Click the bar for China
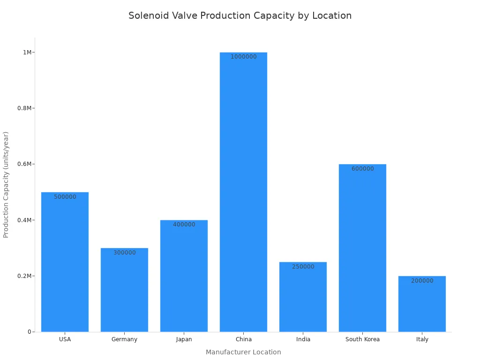click(x=243, y=192)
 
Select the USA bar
click(x=65, y=262)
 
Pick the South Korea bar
click(x=362, y=248)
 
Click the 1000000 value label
click(x=243, y=57)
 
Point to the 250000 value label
click(x=303, y=267)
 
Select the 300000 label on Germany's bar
click(x=124, y=253)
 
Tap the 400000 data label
click(x=184, y=225)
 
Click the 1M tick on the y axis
click(x=27, y=52)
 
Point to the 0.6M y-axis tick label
click(x=24, y=164)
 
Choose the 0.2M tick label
click(x=24, y=276)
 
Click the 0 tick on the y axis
click(x=29, y=332)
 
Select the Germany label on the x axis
click(x=124, y=339)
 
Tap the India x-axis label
click(x=303, y=339)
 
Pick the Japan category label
click(x=184, y=339)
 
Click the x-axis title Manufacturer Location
click(x=243, y=352)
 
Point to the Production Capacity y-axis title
click(x=6, y=184)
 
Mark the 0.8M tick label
click(x=24, y=108)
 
